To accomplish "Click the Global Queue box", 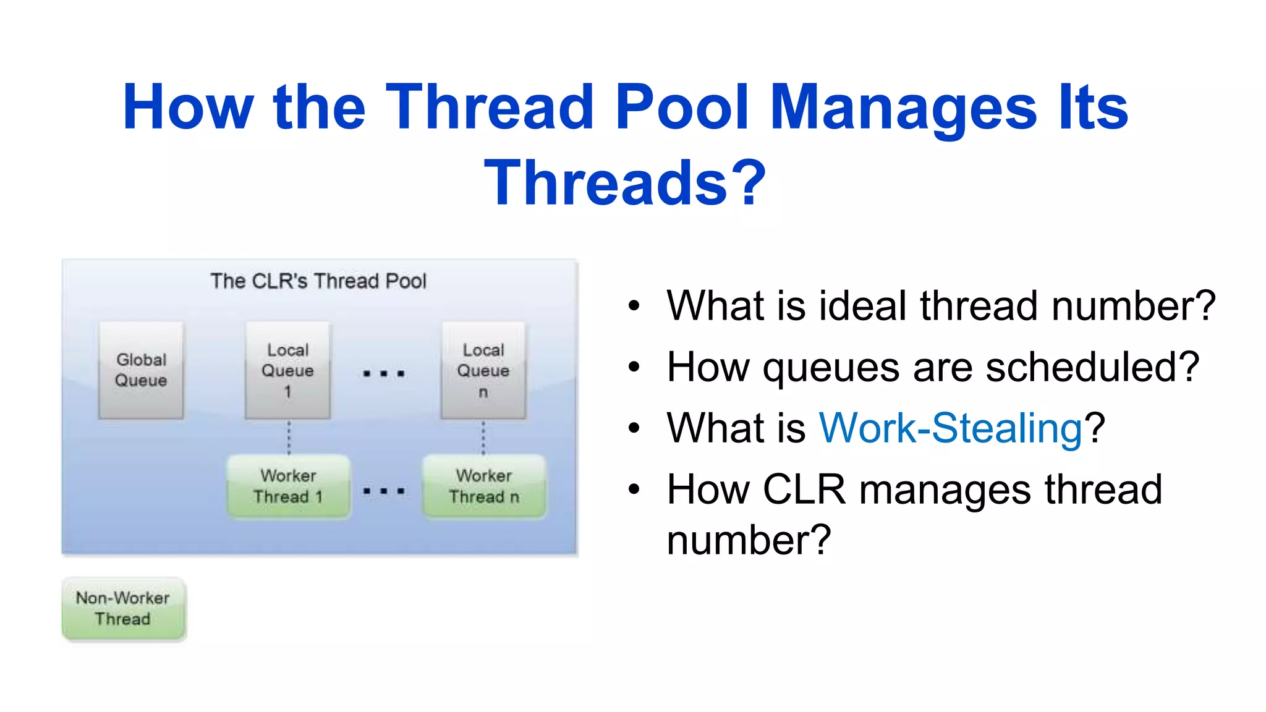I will (x=141, y=370).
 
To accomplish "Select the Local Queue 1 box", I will (x=287, y=370).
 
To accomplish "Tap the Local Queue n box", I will (x=483, y=370).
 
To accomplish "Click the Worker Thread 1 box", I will (x=289, y=486).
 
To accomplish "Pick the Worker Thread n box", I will (x=484, y=486).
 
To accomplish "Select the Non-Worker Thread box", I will (x=124, y=609).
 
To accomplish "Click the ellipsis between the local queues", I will (x=384, y=373).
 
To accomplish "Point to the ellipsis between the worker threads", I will (x=384, y=491).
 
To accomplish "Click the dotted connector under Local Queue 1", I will (x=289, y=438).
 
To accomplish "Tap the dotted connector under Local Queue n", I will (x=483, y=438).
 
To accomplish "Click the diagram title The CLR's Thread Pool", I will (x=318, y=281).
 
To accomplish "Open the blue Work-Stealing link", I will (x=950, y=428).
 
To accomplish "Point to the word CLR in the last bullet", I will (x=804, y=489).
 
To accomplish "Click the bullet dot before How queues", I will (x=634, y=367).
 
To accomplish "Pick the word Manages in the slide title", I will (x=903, y=108).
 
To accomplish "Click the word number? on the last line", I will (x=749, y=540).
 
